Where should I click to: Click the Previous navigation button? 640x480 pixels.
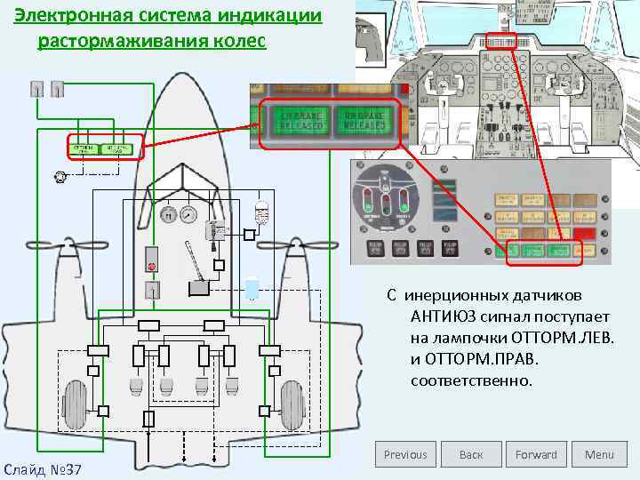coord(405,454)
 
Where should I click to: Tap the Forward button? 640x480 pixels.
coord(536,454)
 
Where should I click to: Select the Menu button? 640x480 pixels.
coord(599,454)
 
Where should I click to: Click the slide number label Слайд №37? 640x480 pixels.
coord(43,468)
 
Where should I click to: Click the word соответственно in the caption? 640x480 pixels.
coord(471,381)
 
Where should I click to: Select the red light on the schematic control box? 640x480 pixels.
coord(152,266)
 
